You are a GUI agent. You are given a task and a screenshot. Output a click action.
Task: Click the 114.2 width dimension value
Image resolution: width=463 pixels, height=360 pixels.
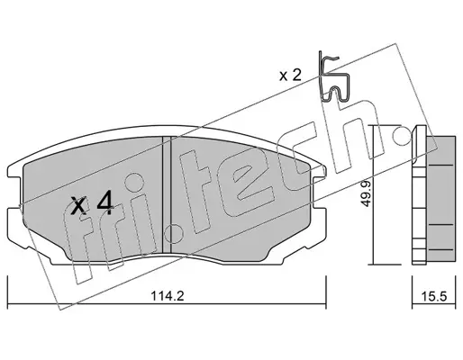[168, 297]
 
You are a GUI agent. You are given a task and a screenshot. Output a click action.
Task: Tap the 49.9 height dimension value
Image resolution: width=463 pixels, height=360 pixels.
[366, 193]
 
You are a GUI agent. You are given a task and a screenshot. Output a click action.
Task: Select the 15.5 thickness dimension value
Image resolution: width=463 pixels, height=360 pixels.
[434, 297]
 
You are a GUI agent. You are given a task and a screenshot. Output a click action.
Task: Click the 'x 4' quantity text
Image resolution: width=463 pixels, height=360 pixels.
[92, 204]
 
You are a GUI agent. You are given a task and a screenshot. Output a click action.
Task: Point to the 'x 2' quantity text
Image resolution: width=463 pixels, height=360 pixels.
[290, 76]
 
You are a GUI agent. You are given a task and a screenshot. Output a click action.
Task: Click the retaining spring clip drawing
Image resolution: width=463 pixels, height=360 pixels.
[334, 76]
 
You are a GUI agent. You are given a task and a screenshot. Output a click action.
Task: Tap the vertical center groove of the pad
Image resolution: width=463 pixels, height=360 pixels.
[167, 194]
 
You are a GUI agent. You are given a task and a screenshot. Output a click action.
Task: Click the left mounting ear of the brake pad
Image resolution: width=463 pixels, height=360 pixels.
[14, 192]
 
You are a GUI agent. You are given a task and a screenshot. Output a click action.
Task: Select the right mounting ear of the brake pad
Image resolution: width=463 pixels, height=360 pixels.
[319, 192]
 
